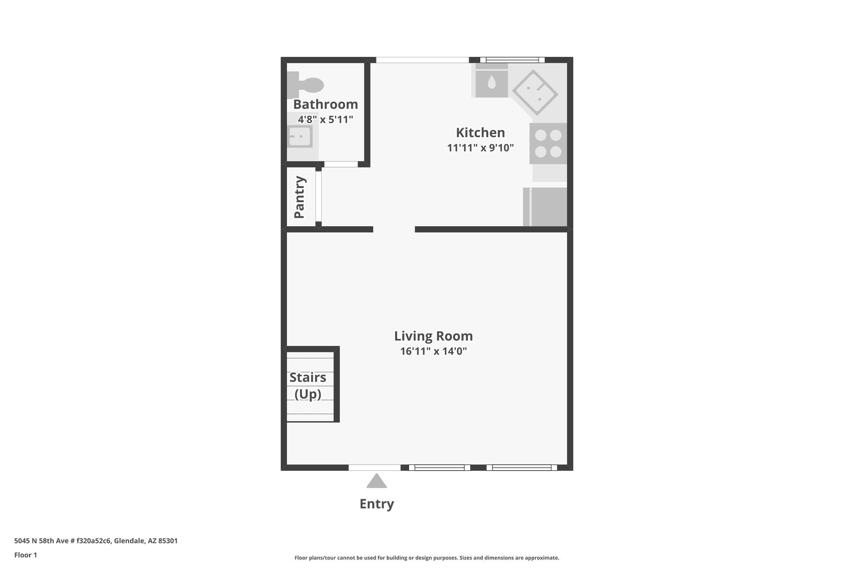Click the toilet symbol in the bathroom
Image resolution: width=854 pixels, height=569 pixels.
point(305,85)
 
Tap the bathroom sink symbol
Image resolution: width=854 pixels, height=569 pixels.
point(300,136)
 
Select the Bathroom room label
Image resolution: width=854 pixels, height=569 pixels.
point(326,104)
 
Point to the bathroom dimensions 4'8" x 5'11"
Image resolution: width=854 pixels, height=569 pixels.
point(326,120)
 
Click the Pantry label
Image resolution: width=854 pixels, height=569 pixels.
point(299,197)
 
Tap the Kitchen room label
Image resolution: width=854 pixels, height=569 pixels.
point(480,132)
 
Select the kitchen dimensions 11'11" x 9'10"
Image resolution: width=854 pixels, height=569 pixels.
point(480,148)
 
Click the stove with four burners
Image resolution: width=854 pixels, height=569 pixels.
point(548,144)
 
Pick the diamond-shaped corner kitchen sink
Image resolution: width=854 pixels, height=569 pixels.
point(535,92)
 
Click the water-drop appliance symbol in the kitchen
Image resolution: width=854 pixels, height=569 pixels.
point(491,82)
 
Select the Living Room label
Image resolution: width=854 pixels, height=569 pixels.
point(434,336)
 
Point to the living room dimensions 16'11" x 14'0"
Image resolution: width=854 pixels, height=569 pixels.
point(434,351)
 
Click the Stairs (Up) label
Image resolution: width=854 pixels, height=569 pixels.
point(308,385)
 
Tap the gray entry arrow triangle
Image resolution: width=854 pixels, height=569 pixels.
point(377,481)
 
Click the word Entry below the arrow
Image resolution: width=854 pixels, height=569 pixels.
point(377,504)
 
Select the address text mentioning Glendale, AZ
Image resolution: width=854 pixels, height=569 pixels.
point(96,541)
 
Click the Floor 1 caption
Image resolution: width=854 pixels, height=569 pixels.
point(26,555)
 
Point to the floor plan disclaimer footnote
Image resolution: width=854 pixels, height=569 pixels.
point(427,558)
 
